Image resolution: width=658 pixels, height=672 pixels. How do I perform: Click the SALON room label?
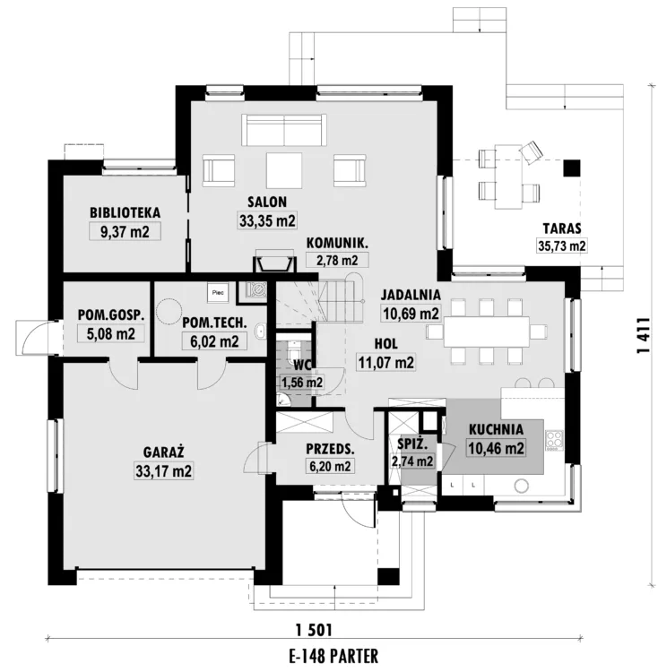click(267, 202)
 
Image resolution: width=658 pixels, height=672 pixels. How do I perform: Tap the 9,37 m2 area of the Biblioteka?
click(125, 232)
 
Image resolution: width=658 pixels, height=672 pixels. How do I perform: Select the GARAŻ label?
click(163, 452)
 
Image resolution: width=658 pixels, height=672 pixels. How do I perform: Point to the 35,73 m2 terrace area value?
click(561, 246)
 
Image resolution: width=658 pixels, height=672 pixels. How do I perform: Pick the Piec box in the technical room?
click(218, 293)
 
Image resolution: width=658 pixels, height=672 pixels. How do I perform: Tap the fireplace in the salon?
click(275, 263)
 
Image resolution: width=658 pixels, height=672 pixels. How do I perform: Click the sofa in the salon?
click(284, 130)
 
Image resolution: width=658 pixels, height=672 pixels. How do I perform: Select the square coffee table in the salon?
click(284, 170)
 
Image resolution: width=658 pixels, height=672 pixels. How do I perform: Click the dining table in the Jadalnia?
click(487, 332)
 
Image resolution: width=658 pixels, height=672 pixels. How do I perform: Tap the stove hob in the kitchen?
click(555, 441)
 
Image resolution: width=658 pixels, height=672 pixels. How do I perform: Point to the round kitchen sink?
click(522, 486)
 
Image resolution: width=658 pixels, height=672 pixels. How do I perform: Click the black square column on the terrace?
click(571, 168)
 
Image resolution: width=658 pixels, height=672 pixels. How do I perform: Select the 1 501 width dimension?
click(314, 630)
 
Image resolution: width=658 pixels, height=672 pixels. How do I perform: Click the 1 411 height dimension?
click(645, 335)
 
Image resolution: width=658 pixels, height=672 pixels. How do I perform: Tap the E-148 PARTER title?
click(333, 656)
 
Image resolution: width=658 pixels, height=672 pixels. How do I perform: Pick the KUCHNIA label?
click(496, 429)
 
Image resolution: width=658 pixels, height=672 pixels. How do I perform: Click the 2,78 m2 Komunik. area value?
click(337, 260)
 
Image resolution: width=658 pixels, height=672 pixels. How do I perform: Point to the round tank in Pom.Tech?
click(168, 311)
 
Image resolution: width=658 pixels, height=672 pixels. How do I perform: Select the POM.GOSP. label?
click(111, 314)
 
